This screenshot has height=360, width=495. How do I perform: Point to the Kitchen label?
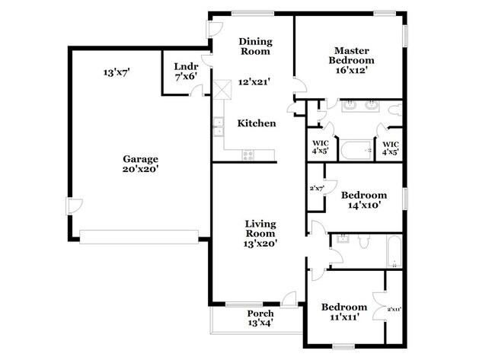(x=256, y=123)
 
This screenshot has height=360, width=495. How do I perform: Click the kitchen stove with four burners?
(x=248, y=155)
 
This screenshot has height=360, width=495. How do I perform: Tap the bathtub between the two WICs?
(x=354, y=148)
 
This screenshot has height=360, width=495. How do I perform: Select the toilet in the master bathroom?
(x=392, y=114)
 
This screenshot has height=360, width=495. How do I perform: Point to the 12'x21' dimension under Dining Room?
(x=255, y=81)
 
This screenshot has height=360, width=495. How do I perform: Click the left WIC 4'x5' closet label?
(x=320, y=147)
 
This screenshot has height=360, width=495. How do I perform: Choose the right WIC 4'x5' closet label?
(x=390, y=147)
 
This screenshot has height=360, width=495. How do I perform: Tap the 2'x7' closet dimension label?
(x=317, y=188)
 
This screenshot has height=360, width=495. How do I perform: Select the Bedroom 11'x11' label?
(x=343, y=312)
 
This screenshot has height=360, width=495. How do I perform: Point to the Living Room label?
(x=260, y=234)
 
